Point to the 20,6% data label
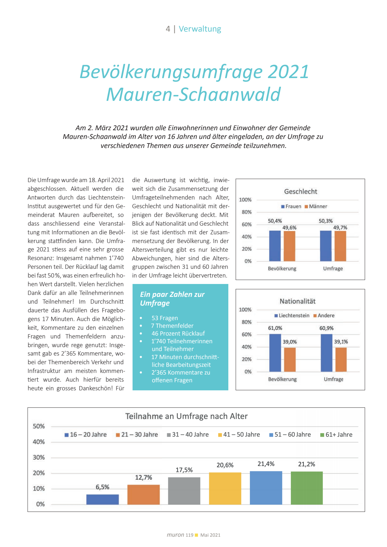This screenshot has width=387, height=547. pyautogui.click(x=225, y=465)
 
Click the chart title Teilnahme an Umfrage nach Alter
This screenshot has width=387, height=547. pyautogui.click(x=186, y=416)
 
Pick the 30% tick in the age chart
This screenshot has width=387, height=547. pyautogui.click(x=39, y=457)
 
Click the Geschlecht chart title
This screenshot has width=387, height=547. pyautogui.click(x=301, y=191)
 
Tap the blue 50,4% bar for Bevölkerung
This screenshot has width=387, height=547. pyautogui.click(x=275, y=246)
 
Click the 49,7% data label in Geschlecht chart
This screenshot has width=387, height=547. pyautogui.click(x=340, y=228)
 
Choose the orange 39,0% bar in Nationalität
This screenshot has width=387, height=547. pyautogui.click(x=290, y=359)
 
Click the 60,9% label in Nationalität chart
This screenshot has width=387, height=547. pyautogui.click(x=326, y=328)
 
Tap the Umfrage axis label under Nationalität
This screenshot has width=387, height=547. pyautogui.click(x=333, y=379)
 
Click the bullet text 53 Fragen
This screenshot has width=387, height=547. pyautogui.click(x=164, y=318)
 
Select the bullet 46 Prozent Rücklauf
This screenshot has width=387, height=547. pyautogui.click(x=178, y=334)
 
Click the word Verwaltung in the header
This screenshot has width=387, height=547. pyautogui.click(x=200, y=29)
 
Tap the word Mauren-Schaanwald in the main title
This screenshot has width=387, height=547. pyautogui.click(x=193, y=94)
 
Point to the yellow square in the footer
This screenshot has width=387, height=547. pyautogui.click(x=196, y=535)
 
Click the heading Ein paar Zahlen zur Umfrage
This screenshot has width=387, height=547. pyautogui.click(x=172, y=298)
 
